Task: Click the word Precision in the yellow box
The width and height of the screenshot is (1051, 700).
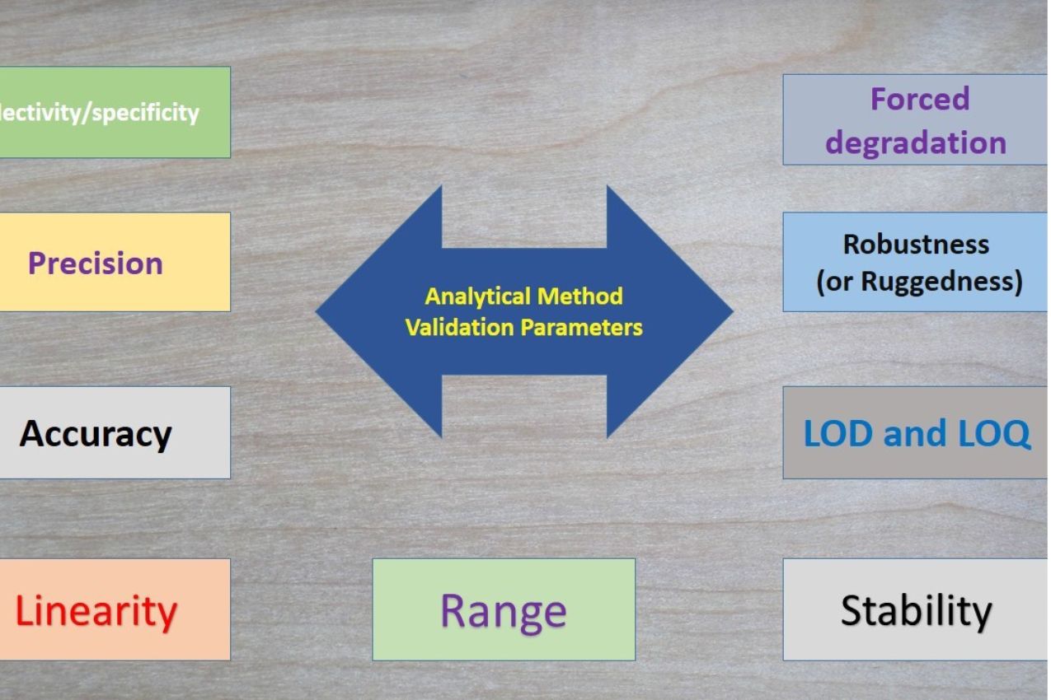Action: coord(96,264)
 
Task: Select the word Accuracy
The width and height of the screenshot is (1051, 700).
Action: coord(96,434)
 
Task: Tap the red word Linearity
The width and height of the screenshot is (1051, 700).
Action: coord(96,611)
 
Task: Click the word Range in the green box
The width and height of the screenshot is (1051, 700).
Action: coord(504,611)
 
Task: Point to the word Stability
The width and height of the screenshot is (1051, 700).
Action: coord(916,610)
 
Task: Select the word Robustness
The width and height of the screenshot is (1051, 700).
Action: coord(916,245)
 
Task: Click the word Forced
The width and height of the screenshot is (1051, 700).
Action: coord(919,100)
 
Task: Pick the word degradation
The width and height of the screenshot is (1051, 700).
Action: coord(916,142)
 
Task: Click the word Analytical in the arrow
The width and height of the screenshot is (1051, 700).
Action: coord(477,296)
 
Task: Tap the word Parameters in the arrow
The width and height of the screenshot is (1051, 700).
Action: coord(581,328)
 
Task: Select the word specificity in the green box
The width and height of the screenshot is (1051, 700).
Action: coord(145,113)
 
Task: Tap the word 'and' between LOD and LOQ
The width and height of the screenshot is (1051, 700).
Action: coord(915,434)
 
